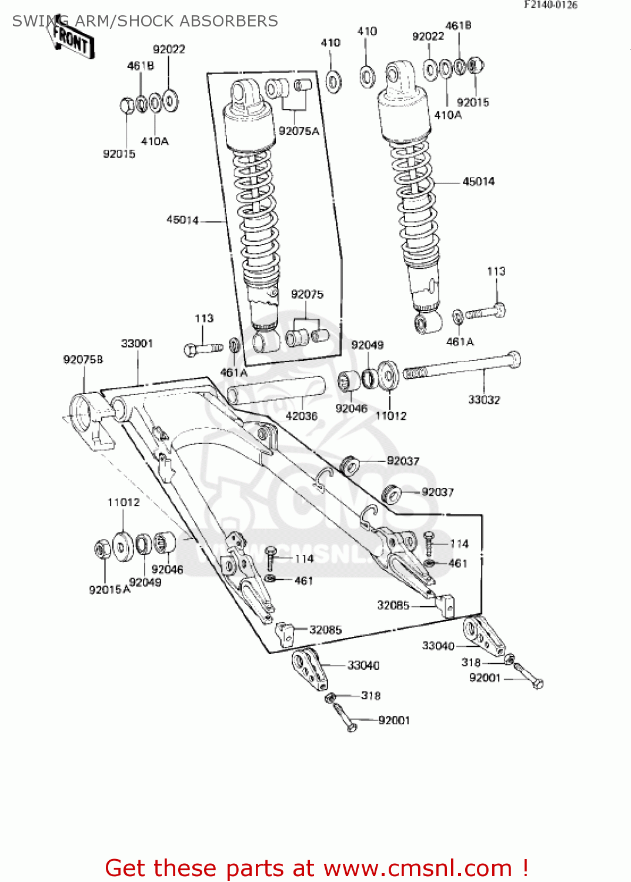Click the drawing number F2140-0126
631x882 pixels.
click(x=550, y=5)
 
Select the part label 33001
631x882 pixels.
click(x=137, y=343)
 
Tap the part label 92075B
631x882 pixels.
click(x=83, y=359)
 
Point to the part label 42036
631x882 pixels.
click(x=301, y=416)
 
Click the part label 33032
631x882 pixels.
click(x=484, y=400)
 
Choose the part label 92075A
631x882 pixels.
click(x=299, y=131)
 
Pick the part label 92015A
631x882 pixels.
click(x=109, y=589)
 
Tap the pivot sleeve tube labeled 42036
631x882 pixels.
click(x=276, y=389)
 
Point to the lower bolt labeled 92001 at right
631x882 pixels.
click(x=529, y=677)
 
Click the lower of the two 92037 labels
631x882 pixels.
click(x=438, y=492)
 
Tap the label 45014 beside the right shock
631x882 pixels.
click(x=478, y=182)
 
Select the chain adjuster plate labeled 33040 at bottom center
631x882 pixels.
click(x=308, y=668)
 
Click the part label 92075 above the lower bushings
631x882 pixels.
click(x=307, y=294)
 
